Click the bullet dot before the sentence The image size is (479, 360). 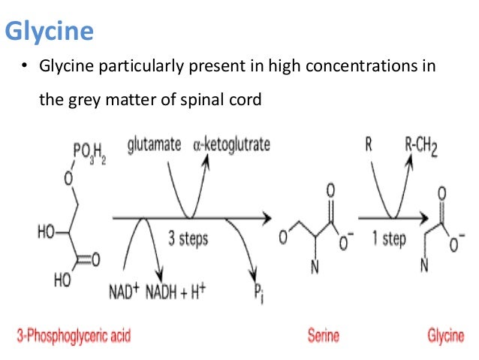(24, 68)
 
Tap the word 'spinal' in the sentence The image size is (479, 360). (203, 98)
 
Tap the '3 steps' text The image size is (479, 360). (188, 239)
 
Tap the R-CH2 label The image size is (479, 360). (422, 144)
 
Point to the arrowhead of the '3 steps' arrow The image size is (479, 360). (267, 219)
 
